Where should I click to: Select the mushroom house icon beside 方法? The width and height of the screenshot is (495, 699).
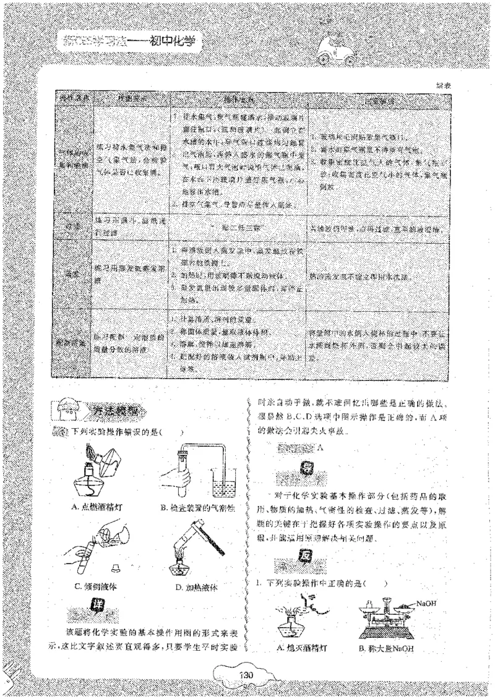coord(65,410)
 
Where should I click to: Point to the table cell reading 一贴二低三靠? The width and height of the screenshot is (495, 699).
coord(238,228)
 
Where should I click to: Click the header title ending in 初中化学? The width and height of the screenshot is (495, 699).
coord(133,41)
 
